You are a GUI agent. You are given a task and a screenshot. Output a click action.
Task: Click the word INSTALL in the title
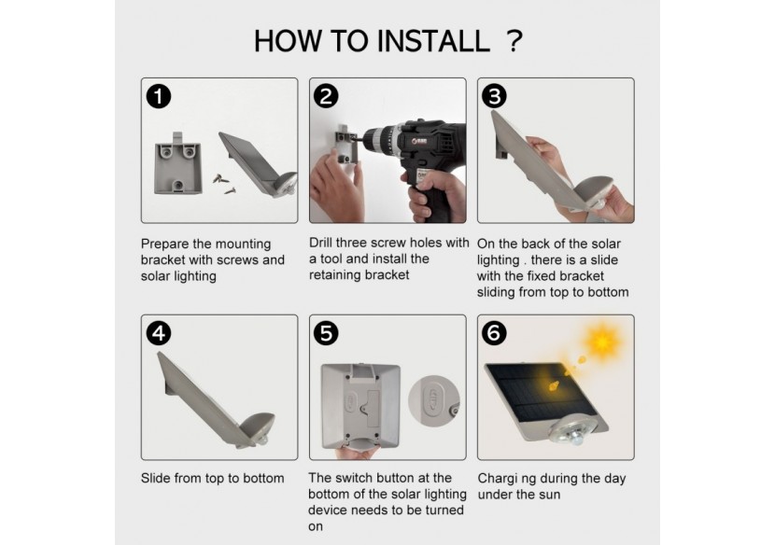[434, 41]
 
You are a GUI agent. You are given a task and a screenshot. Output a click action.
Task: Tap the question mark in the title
[515, 41]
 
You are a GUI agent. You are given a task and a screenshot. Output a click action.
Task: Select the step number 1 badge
[159, 96]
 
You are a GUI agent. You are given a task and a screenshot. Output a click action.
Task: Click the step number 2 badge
[326, 96]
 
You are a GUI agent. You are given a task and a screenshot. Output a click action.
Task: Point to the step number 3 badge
[494, 96]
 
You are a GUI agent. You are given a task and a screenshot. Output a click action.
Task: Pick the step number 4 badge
[159, 333]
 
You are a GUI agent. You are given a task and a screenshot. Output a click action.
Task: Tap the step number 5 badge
[326, 333]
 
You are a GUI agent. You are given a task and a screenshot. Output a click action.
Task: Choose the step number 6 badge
[494, 333]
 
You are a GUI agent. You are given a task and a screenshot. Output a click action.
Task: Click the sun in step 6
[603, 341]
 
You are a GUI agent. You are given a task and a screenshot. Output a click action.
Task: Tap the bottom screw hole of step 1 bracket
[178, 186]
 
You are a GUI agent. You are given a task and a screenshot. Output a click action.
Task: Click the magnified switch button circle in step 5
[434, 400]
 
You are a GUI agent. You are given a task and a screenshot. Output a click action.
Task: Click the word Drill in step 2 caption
[321, 243]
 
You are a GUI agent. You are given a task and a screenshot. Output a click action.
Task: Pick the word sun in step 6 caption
[549, 495]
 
